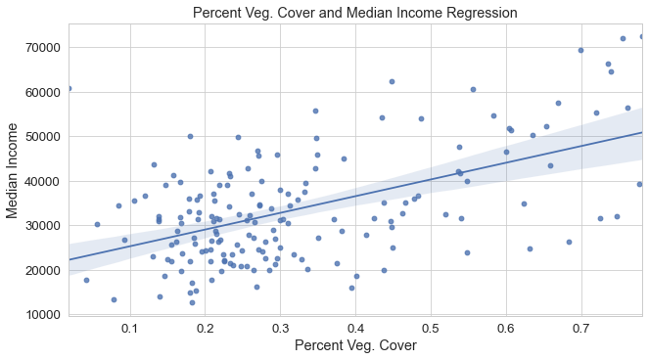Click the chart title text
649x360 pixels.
click(x=354, y=13)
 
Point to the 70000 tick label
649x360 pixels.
click(x=41, y=47)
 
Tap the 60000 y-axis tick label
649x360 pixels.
click(x=41, y=91)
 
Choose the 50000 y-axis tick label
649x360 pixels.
click(x=41, y=136)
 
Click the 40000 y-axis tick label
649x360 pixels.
click(x=41, y=180)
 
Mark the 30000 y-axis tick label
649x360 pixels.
click(x=41, y=225)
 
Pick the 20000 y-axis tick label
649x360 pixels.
click(x=41, y=270)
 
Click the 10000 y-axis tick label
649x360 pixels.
click(x=41, y=314)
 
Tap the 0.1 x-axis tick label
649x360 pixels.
click(x=130, y=327)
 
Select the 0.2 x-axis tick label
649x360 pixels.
click(x=206, y=327)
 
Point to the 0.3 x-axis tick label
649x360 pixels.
click(x=280, y=327)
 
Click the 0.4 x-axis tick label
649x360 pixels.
click(x=355, y=327)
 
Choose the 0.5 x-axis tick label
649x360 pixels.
click(x=431, y=327)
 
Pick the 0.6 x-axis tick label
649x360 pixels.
click(x=506, y=327)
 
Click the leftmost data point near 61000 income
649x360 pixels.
click(x=69, y=88)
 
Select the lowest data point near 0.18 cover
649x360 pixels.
click(x=192, y=302)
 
